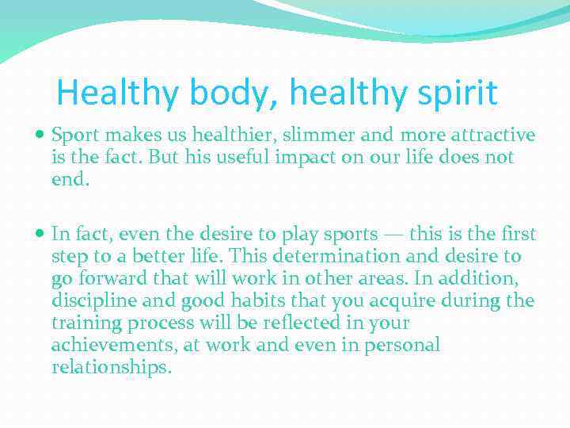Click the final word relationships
coord(110,367)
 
